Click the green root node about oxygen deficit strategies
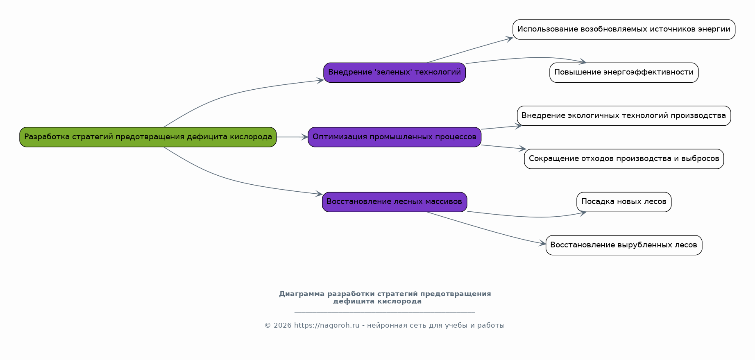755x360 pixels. [x=148, y=137]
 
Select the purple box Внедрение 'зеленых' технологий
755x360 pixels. [x=395, y=72]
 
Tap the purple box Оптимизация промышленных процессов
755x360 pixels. [x=395, y=137]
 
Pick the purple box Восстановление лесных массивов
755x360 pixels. [x=395, y=202]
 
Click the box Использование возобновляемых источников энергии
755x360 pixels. [x=624, y=29]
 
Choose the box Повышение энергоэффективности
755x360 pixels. [x=624, y=72]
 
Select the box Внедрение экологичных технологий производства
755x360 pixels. [x=624, y=115]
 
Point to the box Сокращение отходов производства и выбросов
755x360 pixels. [x=624, y=158]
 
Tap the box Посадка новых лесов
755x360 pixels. [x=624, y=202]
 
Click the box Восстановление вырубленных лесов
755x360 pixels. [x=624, y=245]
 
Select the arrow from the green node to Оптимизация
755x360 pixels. [x=292, y=137]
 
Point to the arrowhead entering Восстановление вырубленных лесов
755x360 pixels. [x=542, y=243]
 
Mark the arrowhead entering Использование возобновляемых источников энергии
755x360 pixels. [x=509, y=38]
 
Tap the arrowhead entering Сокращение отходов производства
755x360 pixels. [x=522, y=149]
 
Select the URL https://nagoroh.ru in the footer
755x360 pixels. [x=326, y=326]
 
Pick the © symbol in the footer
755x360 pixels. [x=268, y=326]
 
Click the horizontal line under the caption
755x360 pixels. [x=385, y=312]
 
